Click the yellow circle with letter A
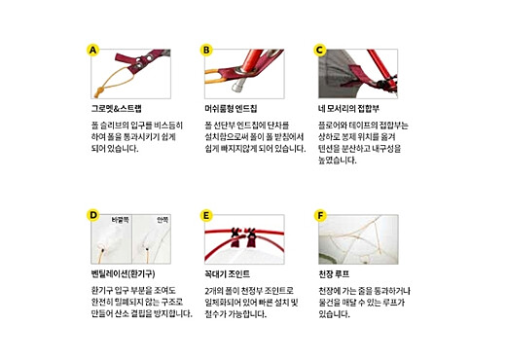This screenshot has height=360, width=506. tap(93, 50)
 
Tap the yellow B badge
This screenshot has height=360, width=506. tap(206, 50)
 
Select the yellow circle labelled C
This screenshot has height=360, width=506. tap(320, 50)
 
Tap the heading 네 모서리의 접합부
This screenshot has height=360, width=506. tap(351, 108)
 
